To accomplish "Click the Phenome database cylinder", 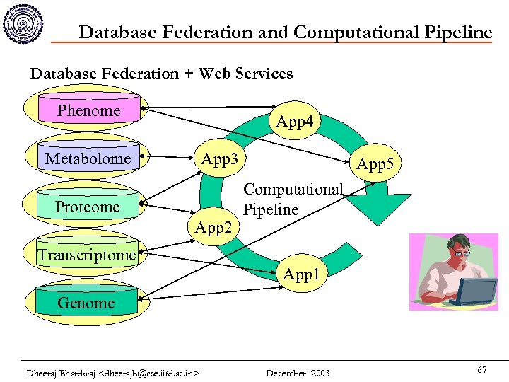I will click(x=89, y=111).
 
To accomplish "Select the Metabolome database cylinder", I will click(x=88, y=158).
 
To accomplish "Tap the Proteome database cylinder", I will click(x=88, y=207).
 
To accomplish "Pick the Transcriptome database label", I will click(x=86, y=255).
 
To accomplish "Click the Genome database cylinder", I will click(x=86, y=303).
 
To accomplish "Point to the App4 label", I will click(x=294, y=122).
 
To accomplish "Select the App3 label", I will click(x=219, y=158).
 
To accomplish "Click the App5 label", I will click(x=375, y=165).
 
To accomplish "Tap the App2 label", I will click(x=213, y=228).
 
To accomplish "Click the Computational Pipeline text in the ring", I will click(x=293, y=199).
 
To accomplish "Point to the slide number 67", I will click(x=482, y=370).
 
